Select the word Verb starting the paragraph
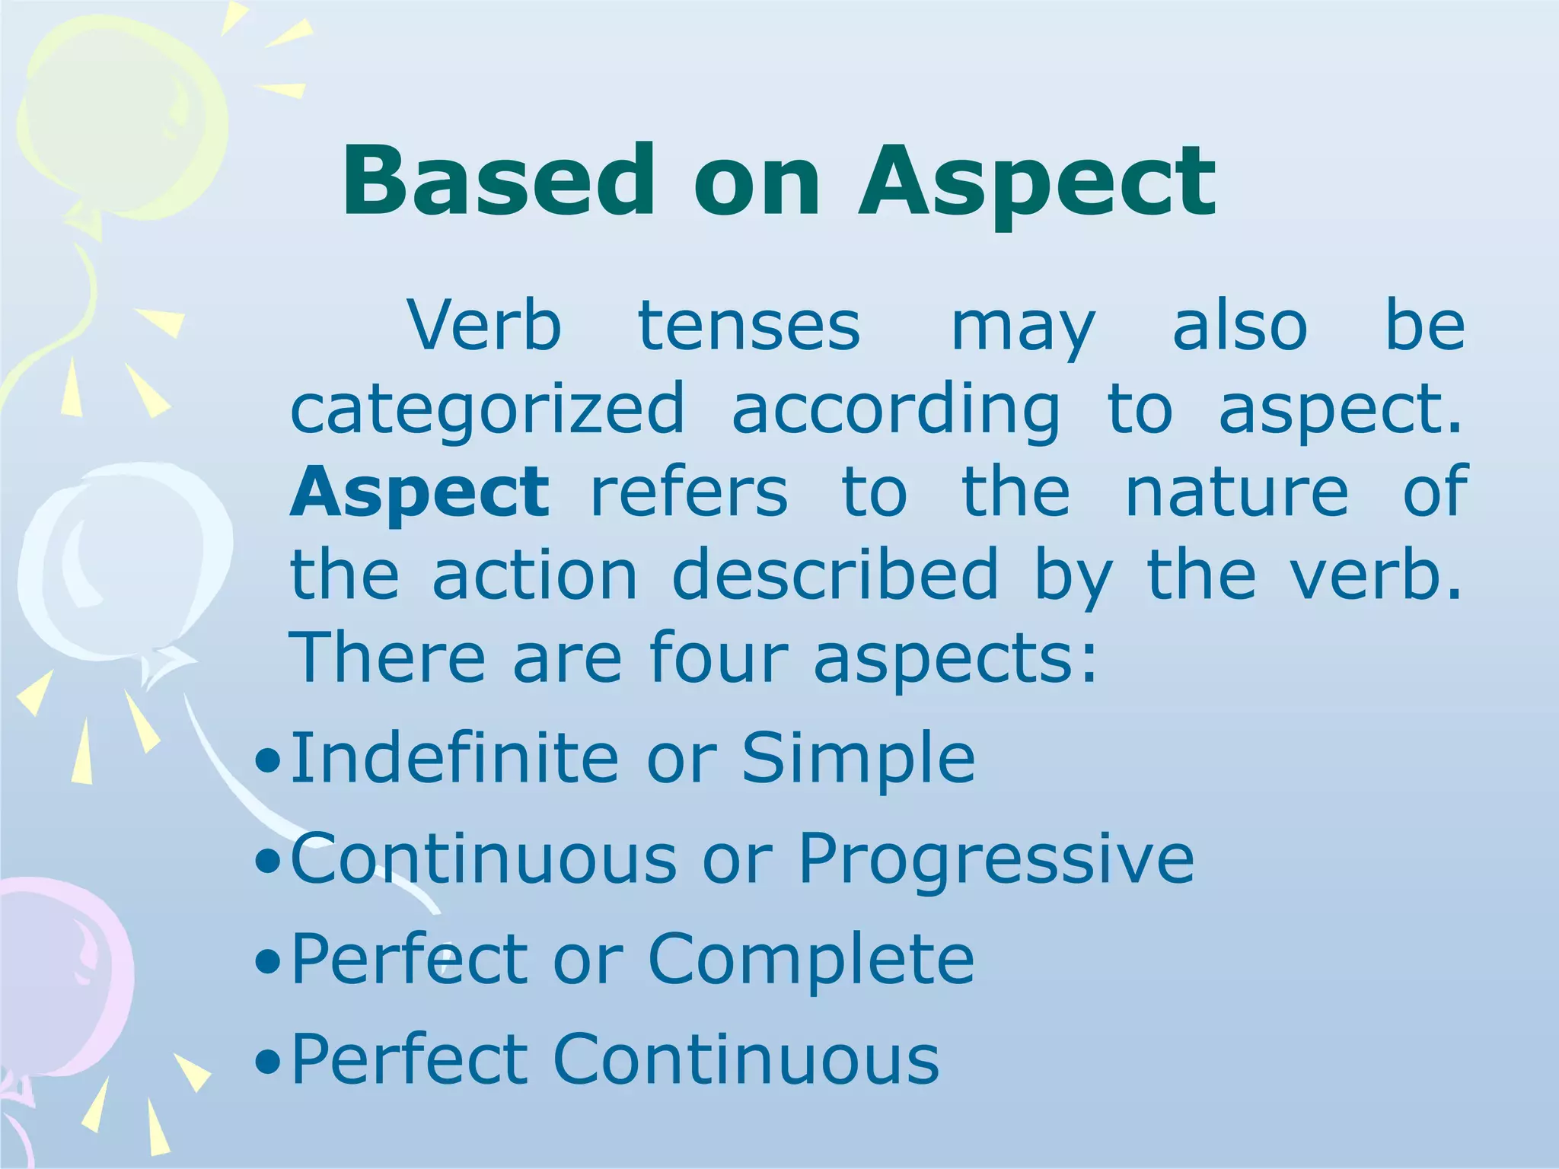point(485,326)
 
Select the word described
point(835,574)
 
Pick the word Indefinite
point(455,757)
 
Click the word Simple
point(858,758)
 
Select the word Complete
point(811,959)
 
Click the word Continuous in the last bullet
point(746,1059)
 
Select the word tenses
point(749,326)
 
